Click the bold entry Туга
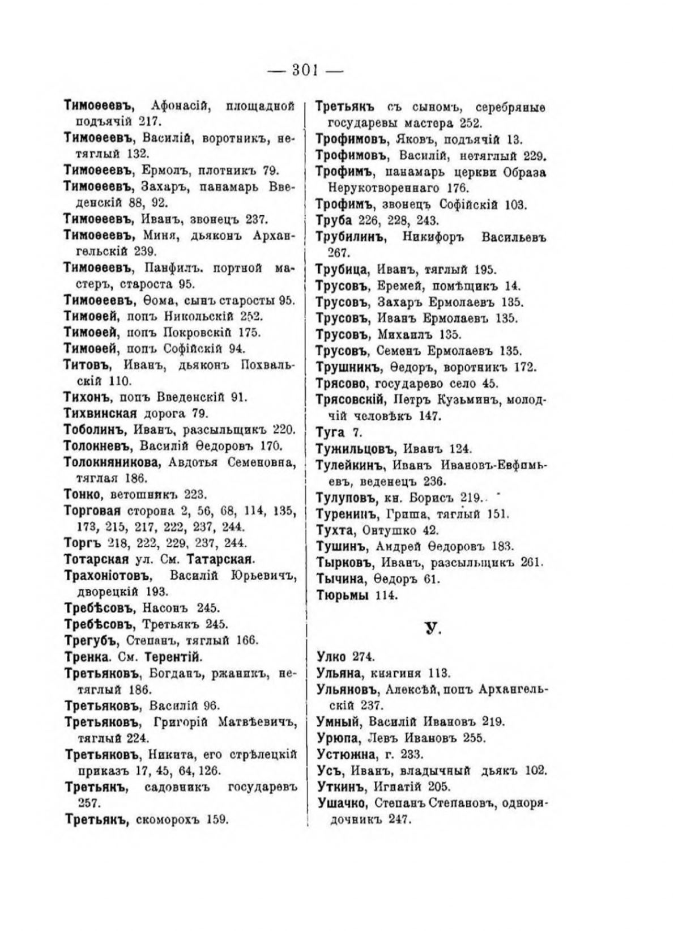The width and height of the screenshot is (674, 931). (330, 432)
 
